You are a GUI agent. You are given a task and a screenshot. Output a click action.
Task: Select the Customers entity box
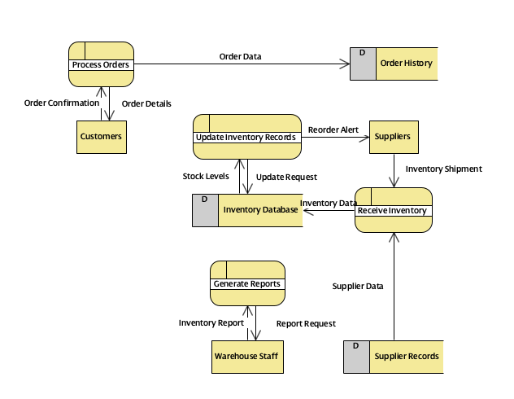[101, 136]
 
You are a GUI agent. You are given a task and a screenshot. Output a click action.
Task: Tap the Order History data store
[406, 64]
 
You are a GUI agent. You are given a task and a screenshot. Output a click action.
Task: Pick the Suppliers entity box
[394, 137]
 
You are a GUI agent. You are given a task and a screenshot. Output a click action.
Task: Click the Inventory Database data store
[259, 210]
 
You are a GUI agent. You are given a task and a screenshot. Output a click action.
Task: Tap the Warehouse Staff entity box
[247, 357]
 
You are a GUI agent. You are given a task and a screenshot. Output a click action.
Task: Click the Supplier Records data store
[406, 357]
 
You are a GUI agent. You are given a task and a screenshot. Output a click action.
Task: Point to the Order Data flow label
[241, 56]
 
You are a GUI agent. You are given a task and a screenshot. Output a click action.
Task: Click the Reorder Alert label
[333, 129]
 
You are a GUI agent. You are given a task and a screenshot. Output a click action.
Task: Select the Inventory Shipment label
[443, 169]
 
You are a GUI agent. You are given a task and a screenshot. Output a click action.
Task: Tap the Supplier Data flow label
[358, 286]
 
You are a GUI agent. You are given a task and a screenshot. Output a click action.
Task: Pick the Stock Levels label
[206, 176]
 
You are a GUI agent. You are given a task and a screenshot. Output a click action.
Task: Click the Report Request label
[306, 323]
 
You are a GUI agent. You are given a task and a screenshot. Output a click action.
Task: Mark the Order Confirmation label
[62, 103]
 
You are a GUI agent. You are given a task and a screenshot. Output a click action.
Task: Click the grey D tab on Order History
[363, 64]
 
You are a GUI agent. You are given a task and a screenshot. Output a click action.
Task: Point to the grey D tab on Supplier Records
[356, 357]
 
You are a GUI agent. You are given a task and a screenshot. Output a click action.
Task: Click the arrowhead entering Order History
[346, 64]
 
